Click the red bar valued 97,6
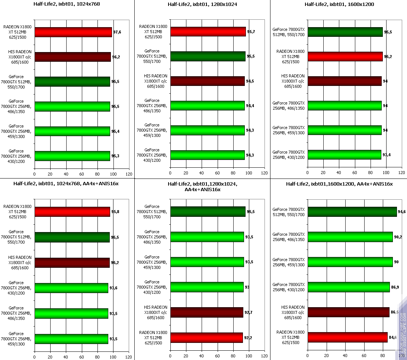(x=73, y=32)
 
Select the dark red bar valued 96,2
(x=73, y=57)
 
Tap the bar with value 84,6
(x=347, y=337)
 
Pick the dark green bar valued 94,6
(x=352, y=212)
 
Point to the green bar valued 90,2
(x=350, y=237)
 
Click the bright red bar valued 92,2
(x=206, y=337)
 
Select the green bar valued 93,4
(x=344, y=154)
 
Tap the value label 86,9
(x=395, y=287)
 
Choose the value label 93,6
(x=113, y=287)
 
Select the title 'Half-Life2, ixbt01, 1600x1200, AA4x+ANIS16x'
(x=339, y=184)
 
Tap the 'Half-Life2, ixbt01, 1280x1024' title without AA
(x=202, y=4)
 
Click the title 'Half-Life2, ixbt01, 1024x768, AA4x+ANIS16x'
(x=66, y=184)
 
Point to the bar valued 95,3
(x=72, y=156)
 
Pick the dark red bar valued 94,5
(x=208, y=81)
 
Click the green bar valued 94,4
(x=208, y=106)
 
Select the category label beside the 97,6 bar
(x=18, y=32)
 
